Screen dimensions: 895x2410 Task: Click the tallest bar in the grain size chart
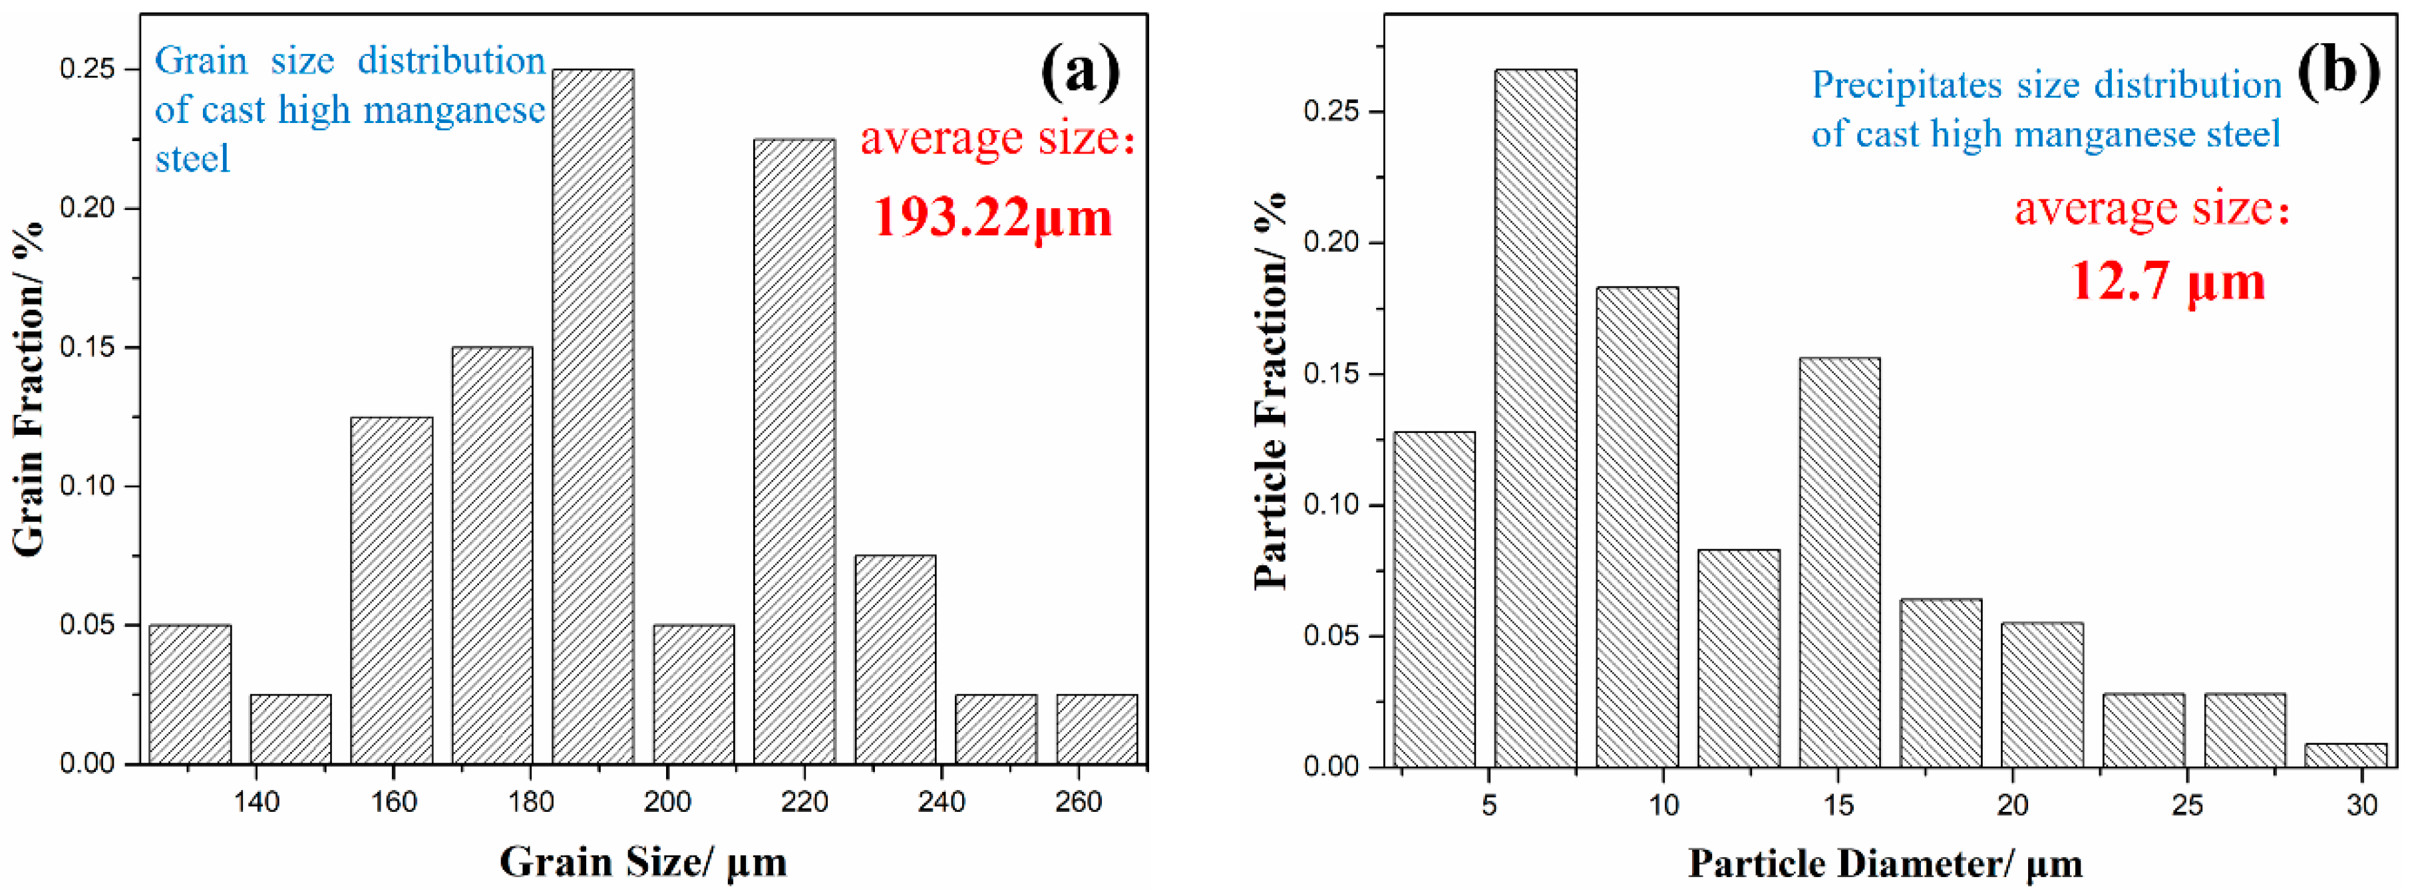[x=592, y=416]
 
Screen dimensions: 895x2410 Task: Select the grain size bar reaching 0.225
[x=794, y=451]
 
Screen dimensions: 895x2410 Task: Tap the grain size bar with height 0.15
[x=492, y=555]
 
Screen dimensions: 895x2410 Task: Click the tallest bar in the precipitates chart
[x=1535, y=418]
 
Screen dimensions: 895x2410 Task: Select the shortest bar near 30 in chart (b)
[x=2345, y=755]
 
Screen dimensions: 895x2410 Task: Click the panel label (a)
[x=1080, y=72]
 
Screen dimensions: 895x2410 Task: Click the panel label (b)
[x=2336, y=72]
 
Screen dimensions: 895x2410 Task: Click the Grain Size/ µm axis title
[x=643, y=861]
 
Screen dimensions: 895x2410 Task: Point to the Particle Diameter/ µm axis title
[x=1884, y=863]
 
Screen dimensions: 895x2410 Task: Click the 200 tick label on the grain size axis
[x=667, y=801]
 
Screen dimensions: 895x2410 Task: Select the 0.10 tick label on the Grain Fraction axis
[x=87, y=485]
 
